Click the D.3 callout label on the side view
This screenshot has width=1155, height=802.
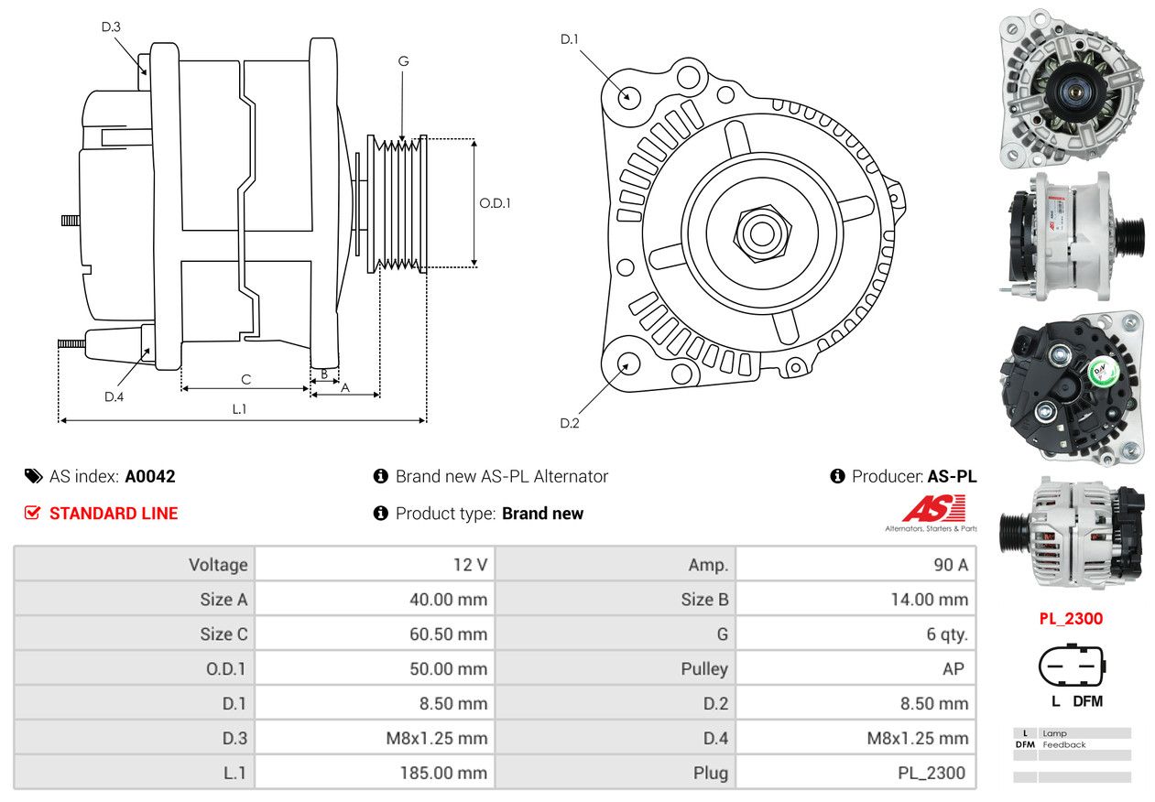click(x=111, y=27)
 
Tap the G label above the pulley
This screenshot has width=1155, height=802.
click(x=403, y=61)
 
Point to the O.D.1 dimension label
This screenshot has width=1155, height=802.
click(x=495, y=203)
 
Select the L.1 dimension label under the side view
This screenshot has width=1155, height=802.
click(x=239, y=409)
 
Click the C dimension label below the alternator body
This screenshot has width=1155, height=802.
click(x=245, y=379)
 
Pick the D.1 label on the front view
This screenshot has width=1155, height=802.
click(x=570, y=38)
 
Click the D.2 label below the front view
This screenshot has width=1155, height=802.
click(x=570, y=423)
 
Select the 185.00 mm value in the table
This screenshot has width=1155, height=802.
click(x=443, y=773)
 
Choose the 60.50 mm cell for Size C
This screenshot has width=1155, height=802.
click(x=448, y=634)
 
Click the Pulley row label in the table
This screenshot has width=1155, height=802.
click(x=704, y=668)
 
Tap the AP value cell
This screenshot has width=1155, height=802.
click(x=953, y=668)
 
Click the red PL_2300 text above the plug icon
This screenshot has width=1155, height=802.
click(x=1071, y=618)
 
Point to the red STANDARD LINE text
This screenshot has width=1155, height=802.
click(x=114, y=514)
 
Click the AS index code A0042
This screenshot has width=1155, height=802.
click(x=149, y=476)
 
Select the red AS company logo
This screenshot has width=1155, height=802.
click(x=933, y=509)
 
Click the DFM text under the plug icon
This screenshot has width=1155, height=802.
click(x=1088, y=701)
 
